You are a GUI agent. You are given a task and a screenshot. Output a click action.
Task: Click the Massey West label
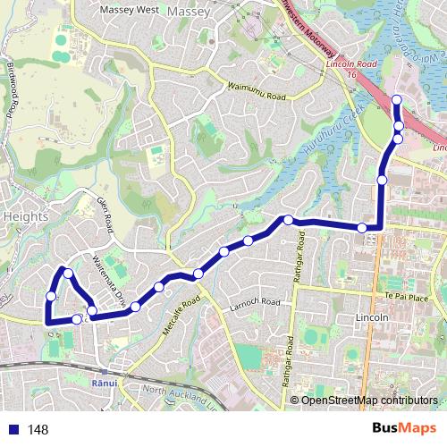(129, 10)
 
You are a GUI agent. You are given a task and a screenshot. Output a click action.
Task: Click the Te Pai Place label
(414, 295)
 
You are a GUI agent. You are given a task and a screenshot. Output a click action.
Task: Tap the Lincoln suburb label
(372, 317)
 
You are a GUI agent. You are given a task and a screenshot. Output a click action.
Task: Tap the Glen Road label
(107, 215)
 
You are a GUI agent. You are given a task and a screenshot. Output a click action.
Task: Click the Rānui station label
(105, 382)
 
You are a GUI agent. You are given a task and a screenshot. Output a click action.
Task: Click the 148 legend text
(38, 430)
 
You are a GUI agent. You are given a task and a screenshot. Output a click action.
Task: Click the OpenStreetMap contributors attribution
(369, 400)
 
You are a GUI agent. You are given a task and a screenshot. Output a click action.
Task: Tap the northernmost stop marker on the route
(397, 99)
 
